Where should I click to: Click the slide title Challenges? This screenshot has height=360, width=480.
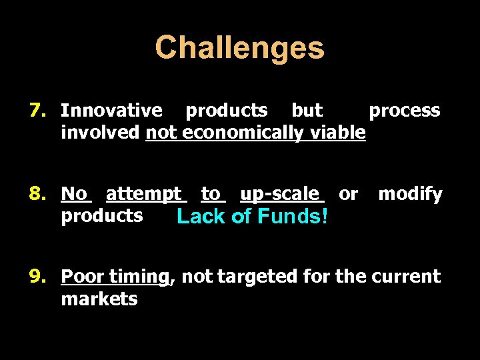point(239,48)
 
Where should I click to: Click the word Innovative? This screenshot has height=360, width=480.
point(111,110)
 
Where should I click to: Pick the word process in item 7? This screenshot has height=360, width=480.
point(404,110)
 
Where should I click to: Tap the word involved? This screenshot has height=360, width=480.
point(100,132)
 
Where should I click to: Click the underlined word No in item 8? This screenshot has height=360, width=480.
point(74,194)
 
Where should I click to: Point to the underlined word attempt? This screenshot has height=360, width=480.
point(143,194)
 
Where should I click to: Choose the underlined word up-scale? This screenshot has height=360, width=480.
point(279,194)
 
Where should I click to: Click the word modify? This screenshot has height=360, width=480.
point(410,194)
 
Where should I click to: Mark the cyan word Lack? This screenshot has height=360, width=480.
point(199,217)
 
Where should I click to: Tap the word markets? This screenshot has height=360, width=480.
point(99,299)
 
